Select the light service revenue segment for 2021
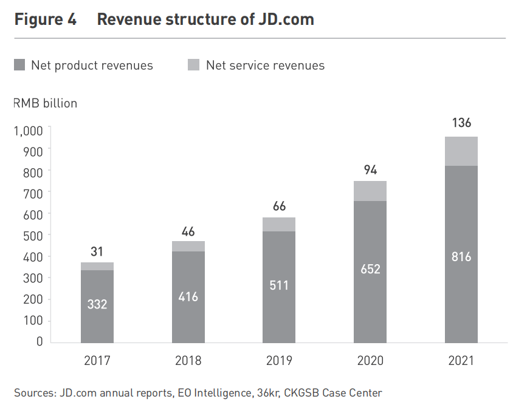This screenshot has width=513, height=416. [461, 151]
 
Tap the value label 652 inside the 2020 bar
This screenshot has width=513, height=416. [370, 268]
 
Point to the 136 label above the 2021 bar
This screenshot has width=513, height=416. [461, 123]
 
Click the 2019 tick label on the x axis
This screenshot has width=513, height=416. [279, 361]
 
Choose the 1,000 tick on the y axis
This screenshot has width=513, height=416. [28, 130]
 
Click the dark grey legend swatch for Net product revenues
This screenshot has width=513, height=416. [19, 65]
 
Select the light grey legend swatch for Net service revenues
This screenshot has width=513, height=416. [194, 65]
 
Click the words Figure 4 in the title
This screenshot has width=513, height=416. [46, 19]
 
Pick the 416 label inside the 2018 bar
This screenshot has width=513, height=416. [188, 297]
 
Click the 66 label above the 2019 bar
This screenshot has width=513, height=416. [279, 206]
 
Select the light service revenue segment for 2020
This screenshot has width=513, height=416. [370, 191]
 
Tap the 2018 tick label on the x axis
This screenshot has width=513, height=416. [188, 361]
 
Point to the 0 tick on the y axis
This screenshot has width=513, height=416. [39, 342]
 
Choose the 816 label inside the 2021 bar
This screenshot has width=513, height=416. [461, 256]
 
